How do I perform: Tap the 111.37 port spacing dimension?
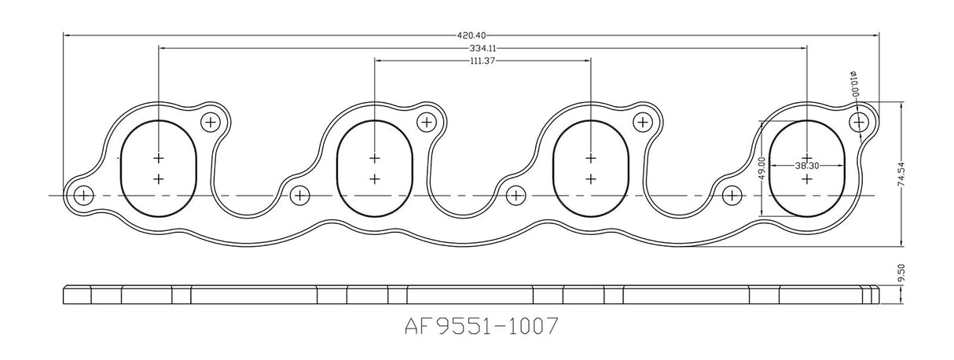tap(482, 61)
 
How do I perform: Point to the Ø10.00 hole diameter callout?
tap(853, 83)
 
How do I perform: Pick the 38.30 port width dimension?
tap(808, 167)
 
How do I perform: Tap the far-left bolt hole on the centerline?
tap(82, 195)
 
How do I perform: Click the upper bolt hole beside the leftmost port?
tap(211, 122)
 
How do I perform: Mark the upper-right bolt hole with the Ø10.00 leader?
tap(860, 122)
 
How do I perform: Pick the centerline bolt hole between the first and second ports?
tap(299, 195)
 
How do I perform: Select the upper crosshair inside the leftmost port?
tap(159, 156)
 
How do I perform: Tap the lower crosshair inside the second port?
tap(375, 179)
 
